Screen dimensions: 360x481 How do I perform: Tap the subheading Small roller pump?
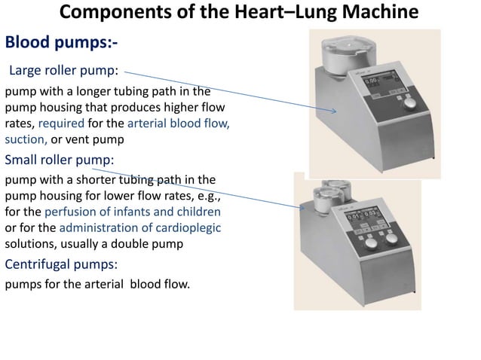60,160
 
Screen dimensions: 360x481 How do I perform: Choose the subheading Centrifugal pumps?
61,264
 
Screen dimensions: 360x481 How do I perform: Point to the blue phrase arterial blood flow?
179,124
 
